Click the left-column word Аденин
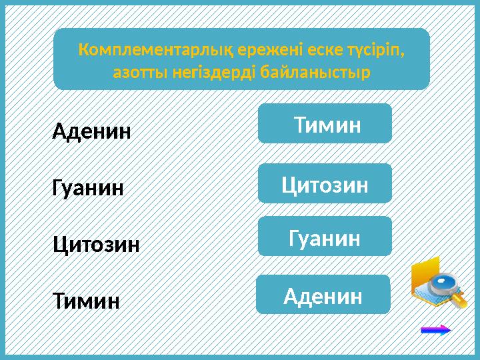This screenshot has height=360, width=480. point(92,131)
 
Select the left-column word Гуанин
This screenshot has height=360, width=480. point(88,188)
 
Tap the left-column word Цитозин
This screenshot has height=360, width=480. point(96,245)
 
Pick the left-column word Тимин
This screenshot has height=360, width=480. point(86,301)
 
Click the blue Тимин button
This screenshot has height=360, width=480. point(325,123)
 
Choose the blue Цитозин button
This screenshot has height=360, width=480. point(325,183)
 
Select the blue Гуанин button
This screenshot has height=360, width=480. point(325,236)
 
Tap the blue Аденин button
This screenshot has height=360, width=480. point(323,295)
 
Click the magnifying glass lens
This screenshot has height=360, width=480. point(442,285)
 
